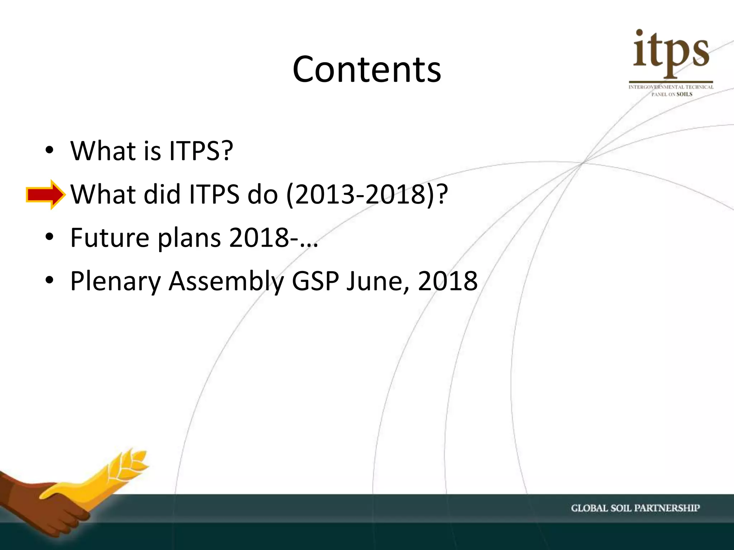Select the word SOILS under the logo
click(x=684, y=94)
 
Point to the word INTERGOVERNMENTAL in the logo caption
click(x=656, y=87)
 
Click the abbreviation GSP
click(x=315, y=281)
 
